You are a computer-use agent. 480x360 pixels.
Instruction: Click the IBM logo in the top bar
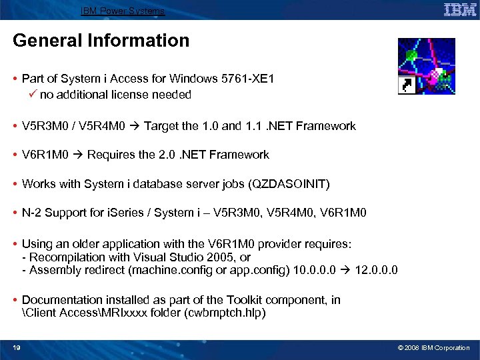click(x=460, y=9)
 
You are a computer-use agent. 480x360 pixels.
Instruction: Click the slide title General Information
click(x=101, y=41)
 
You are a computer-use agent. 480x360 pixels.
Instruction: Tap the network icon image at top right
click(x=426, y=66)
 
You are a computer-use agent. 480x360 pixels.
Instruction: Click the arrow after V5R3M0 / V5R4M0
click(x=134, y=126)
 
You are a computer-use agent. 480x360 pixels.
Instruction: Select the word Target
click(x=161, y=126)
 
